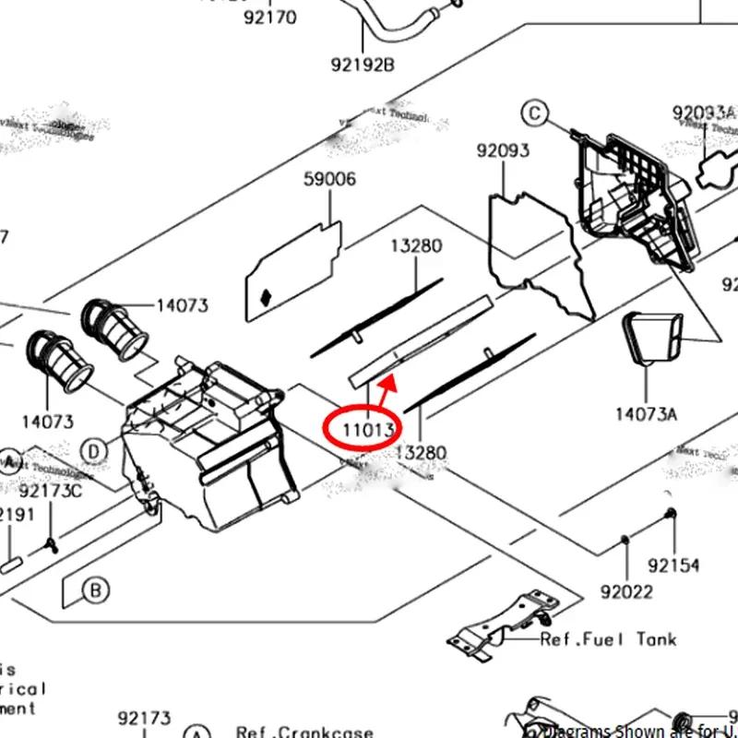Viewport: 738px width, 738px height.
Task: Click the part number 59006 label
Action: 329,179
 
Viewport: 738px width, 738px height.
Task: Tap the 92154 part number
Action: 673,565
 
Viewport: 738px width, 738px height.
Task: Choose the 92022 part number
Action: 626,591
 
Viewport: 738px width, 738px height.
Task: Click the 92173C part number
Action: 50,491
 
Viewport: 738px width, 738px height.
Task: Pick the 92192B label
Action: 363,65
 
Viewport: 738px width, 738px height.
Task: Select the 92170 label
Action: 270,18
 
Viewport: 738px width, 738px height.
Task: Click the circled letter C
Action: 534,113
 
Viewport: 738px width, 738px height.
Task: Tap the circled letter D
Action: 93,451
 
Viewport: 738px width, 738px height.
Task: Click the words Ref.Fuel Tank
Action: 608,638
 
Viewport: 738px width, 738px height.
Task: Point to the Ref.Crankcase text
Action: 304,732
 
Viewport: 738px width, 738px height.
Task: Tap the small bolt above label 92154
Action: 671,514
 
